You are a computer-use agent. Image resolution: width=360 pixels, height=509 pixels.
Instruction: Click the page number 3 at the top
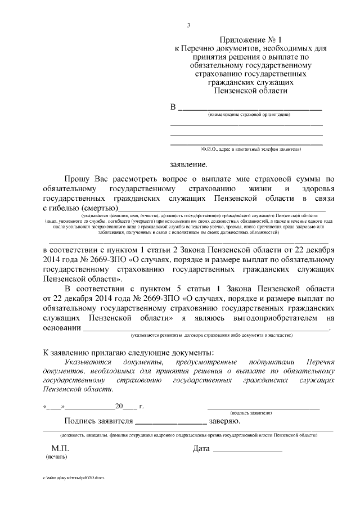[188, 25]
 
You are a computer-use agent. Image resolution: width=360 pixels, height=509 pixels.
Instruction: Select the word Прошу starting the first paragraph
[76, 179]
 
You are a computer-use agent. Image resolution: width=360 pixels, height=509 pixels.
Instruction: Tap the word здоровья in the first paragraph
[314, 189]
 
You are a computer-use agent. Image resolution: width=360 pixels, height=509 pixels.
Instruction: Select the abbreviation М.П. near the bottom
[59, 449]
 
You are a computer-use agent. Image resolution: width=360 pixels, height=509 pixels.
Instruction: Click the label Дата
[201, 449]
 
